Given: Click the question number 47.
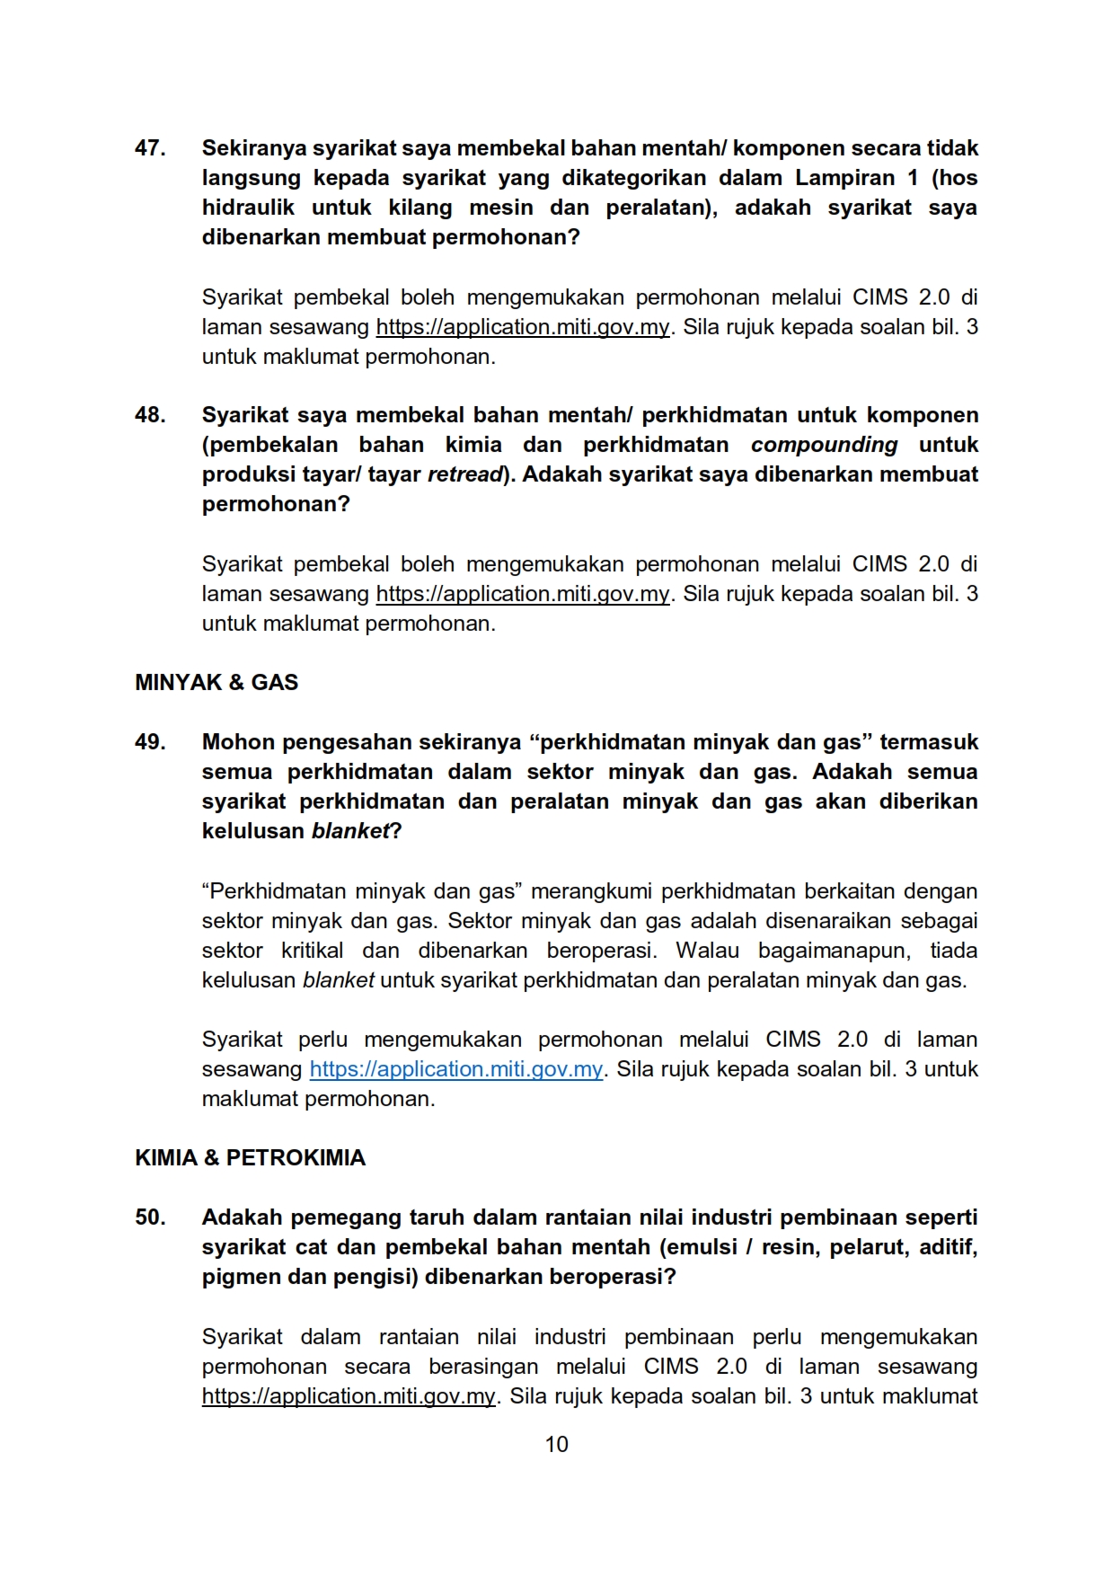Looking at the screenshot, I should (150, 148).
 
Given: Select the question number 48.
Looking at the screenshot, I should (150, 415).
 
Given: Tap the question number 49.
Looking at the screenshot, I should (150, 742).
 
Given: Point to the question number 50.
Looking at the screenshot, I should (150, 1217).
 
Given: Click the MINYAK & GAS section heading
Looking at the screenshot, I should (216, 683).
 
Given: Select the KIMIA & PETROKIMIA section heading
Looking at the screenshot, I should (250, 1158).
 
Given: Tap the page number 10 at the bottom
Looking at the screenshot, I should (557, 1444).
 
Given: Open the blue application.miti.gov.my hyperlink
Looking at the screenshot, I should (456, 1069).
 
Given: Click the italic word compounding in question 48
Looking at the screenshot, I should (824, 445).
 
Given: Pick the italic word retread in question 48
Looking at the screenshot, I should (464, 474).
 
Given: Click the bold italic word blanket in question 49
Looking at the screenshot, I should (350, 831).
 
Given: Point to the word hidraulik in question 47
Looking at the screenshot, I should (248, 208).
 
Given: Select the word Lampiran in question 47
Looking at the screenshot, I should (845, 178).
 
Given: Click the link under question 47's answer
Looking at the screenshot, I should (523, 327).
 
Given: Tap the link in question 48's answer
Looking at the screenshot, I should (523, 594).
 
